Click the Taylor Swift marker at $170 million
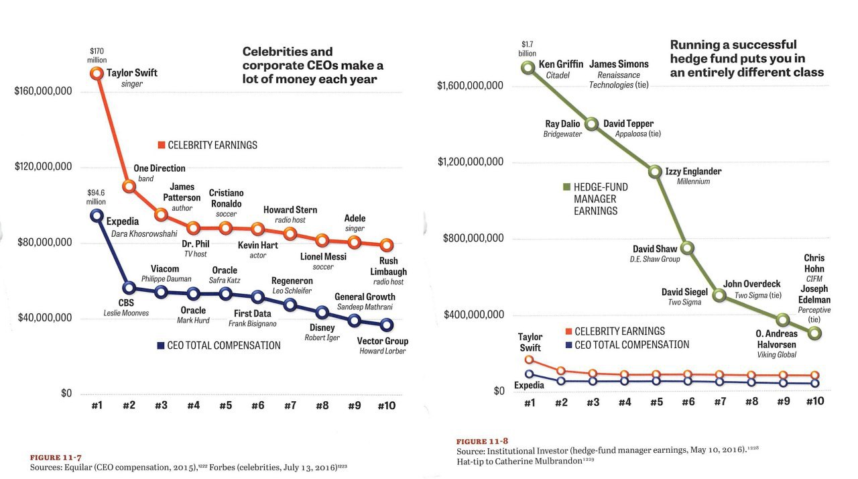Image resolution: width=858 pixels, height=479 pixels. (97, 73)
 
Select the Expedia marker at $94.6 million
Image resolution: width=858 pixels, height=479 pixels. (97, 215)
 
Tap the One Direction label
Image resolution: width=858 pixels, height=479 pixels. (160, 168)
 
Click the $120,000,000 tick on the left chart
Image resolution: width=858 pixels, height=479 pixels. (44, 166)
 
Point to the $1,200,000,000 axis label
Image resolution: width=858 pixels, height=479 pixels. (470, 162)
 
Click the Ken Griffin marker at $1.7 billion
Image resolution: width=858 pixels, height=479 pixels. (529, 67)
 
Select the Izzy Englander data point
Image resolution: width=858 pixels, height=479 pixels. (656, 172)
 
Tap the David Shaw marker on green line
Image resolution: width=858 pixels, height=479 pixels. (688, 248)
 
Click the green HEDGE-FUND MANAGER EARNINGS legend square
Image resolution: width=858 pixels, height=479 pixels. (566, 187)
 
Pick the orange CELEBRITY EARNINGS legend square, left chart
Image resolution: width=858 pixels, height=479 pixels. (161, 145)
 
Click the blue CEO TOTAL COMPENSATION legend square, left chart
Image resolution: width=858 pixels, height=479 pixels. (160, 345)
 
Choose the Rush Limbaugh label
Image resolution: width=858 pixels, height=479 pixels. (389, 266)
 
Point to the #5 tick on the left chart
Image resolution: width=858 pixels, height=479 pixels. (225, 405)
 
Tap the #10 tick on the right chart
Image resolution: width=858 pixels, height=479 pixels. (814, 402)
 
